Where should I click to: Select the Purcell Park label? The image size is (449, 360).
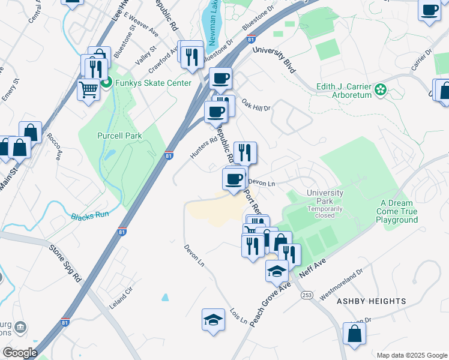click(x=119, y=136)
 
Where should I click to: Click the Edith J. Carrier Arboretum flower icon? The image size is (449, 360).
click(x=379, y=91)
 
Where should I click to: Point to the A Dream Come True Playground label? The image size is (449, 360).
click(x=397, y=212)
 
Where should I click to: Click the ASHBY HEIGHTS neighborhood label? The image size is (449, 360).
click(x=371, y=301)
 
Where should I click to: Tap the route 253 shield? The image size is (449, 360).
click(x=307, y=295)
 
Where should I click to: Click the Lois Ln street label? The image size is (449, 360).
click(x=239, y=317)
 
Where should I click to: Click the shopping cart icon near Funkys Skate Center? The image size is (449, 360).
click(x=88, y=90)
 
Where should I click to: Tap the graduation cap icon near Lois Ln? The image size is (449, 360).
click(x=213, y=320)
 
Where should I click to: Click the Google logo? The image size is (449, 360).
click(x=20, y=353)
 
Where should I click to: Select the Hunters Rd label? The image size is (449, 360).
click(x=203, y=148)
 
